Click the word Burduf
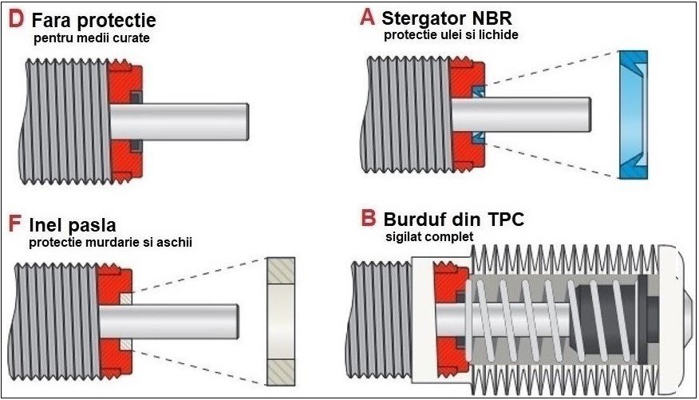pos(418,219)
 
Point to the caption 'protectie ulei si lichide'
pos(451,35)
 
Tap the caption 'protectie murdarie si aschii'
pos(111,243)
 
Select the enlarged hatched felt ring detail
pos(280,319)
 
